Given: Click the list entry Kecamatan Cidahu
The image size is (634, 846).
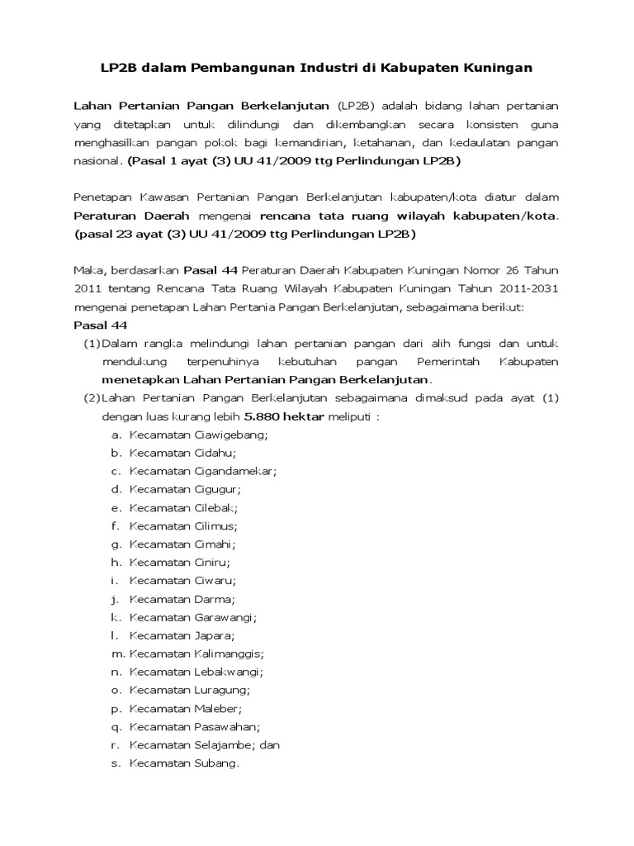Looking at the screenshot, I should coord(182,452).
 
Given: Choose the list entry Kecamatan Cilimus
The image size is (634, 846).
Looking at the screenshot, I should coord(183,525).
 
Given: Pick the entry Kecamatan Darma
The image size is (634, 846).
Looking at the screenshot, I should coord(182,599).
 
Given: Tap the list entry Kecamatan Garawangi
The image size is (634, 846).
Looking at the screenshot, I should coord(193,617).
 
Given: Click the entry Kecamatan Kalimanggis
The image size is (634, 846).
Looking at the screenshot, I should coord(196,654).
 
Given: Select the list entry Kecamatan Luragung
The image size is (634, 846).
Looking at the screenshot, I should coord(190,690).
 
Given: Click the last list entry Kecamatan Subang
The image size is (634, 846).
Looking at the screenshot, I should coord(183,763).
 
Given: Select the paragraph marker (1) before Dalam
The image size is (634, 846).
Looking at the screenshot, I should coord(92,343).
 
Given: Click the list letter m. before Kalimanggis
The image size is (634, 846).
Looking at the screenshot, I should coord(116,654).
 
